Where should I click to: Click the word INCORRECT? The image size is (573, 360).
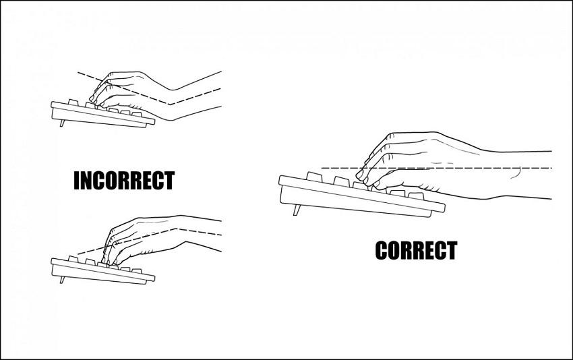[x=124, y=180]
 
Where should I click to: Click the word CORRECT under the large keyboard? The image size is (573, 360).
[x=416, y=250]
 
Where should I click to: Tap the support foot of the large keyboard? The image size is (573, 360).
[x=297, y=210]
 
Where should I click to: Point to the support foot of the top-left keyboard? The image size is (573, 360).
[x=62, y=123]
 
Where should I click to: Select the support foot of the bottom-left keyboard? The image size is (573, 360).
[x=62, y=280]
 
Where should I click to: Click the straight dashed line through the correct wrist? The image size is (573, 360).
[x=437, y=168]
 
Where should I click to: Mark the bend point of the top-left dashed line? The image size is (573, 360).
[x=170, y=104]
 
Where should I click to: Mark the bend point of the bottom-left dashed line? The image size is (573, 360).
[x=177, y=229]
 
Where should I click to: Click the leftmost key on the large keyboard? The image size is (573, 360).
[x=315, y=177]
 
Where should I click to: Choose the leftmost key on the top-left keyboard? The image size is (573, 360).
[x=73, y=102]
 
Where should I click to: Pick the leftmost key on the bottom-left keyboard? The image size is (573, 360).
[x=73, y=259]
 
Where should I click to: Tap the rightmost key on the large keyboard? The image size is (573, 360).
[x=416, y=196]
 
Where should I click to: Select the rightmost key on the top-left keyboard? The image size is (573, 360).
[x=137, y=115]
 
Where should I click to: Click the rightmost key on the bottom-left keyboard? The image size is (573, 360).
[x=137, y=271]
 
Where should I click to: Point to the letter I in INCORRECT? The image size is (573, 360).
[x=77, y=180]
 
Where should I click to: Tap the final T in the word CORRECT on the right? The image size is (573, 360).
[x=452, y=250]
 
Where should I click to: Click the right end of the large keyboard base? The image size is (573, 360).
[x=444, y=208]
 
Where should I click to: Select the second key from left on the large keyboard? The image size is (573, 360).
[x=342, y=181]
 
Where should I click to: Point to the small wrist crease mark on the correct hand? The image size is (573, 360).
[x=516, y=174]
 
